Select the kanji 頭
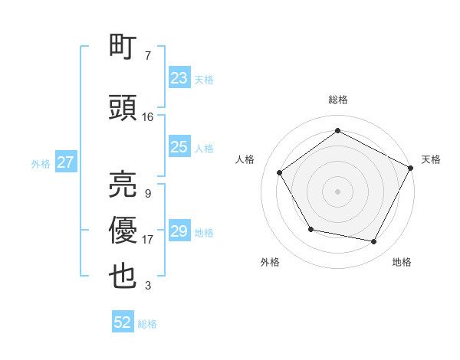(123, 108)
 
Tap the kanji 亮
(123, 185)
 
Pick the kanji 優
(123, 231)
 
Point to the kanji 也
(123, 277)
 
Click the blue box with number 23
(179, 78)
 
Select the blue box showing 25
(179, 147)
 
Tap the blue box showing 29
(179, 231)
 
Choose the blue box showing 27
(65, 162)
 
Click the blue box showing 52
(123, 322)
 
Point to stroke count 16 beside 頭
(148, 116)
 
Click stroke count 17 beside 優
(148, 239)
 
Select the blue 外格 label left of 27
(41, 163)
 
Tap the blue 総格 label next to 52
(148, 324)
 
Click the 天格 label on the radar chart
(431, 159)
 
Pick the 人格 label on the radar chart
(245, 159)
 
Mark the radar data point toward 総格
(337, 130)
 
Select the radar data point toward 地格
(374, 241)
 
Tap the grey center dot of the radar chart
(337, 191)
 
